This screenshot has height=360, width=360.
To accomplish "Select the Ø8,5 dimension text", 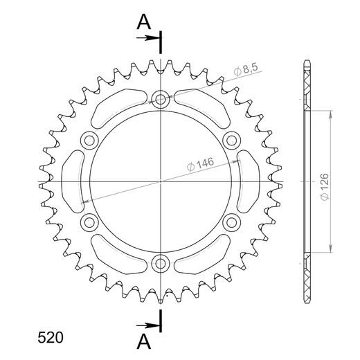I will click(x=246, y=69).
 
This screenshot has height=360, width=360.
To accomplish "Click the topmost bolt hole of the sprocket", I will click(x=161, y=100).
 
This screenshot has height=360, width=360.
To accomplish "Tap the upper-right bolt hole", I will click(x=232, y=141).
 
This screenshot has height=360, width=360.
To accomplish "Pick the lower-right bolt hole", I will click(x=232, y=222).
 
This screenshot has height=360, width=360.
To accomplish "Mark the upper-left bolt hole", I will click(x=90, y=141).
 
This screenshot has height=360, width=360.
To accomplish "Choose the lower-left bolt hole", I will click(x=90, y=222).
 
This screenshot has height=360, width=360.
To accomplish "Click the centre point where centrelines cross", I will click(x=161, y=181).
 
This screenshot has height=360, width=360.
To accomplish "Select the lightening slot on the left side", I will click(x=73, y=181).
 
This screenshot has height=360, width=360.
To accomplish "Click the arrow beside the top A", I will click(x=150, y=39).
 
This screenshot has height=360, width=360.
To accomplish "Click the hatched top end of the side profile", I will click(x=307, y=87).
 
